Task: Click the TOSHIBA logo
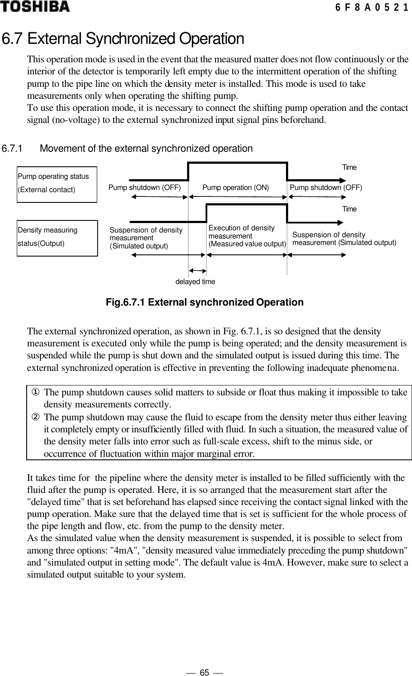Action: [34, 6]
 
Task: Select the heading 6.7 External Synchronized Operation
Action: [123, 39]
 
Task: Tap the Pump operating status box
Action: [57, 184]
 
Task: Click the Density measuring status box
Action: [57, 238]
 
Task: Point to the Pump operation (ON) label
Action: [235, 187]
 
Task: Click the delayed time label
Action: [195, 282]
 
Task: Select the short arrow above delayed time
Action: [198, 271]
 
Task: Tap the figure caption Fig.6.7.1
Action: [204, 302]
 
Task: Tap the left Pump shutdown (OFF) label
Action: [145, 187]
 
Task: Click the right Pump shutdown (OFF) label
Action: [326, 187]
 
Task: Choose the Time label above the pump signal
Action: [349, 167]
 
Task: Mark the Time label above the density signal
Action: [349, 209]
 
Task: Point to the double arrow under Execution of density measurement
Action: [247, 254]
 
